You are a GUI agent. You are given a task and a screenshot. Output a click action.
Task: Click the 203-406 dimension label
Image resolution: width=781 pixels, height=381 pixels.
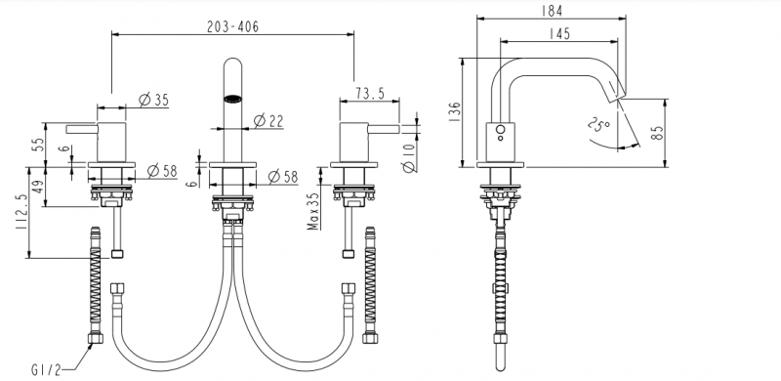pyautogui.click(x=232, y=26)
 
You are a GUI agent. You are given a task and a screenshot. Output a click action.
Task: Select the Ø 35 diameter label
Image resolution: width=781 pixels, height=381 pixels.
pyautogui.click(x=154, y=100)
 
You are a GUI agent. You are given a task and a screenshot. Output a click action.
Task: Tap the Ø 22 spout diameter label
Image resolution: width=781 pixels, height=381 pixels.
pyautogui.click(x=268, y=121)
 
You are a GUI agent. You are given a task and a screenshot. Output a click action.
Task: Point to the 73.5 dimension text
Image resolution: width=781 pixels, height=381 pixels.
pyautogui.click(x=370, y=93)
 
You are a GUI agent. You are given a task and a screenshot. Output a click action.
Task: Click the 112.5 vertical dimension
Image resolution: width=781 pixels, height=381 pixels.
pyautogui.click(x=21, y=212)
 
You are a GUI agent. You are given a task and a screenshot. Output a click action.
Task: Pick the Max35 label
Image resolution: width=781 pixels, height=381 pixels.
pyautogui.click(x=313, y=211)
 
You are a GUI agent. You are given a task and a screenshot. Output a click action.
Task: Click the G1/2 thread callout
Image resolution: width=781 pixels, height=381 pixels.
pyautogui.click(x=46, y=370)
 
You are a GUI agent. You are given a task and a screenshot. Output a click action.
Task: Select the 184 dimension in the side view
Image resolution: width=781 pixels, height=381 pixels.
pyautogui.click(x=552, y=11)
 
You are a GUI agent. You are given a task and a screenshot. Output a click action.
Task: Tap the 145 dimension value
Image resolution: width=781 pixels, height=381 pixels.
pyautogui.click(x=559, y=33)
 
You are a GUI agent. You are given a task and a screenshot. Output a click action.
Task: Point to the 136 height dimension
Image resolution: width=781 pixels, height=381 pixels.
pyautogui.click(x=455, y=112)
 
